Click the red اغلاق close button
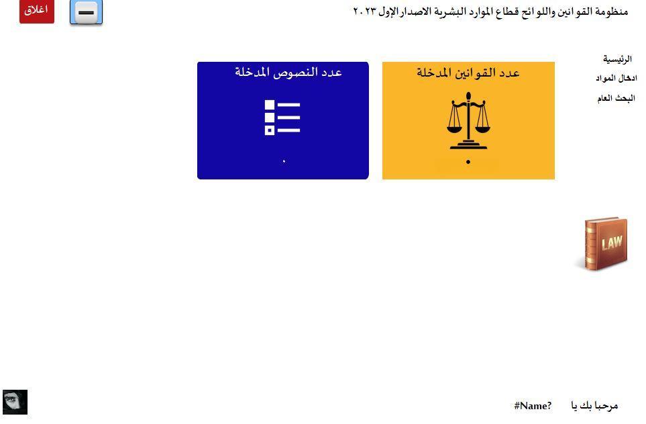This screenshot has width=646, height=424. point(37,11)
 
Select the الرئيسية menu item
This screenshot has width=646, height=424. point(617,59)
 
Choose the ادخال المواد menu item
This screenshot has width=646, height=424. point(616,78)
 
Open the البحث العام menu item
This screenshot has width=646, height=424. point(616,98)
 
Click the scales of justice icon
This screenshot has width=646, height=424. point(468,120)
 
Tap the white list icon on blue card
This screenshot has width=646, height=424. point(282,117)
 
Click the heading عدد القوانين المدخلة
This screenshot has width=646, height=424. point(468,73)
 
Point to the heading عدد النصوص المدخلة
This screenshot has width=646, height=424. point(288,73)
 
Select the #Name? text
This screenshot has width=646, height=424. point(533,406)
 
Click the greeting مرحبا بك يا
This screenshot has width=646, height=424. point(594,406)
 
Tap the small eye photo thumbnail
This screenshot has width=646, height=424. point(15,402)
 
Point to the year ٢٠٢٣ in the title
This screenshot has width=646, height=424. point(365,11)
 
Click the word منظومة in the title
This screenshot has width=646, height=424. point(611,11)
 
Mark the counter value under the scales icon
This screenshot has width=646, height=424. point(468,162)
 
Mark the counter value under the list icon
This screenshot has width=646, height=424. point(284,161)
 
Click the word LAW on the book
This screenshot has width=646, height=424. point(612,243)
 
